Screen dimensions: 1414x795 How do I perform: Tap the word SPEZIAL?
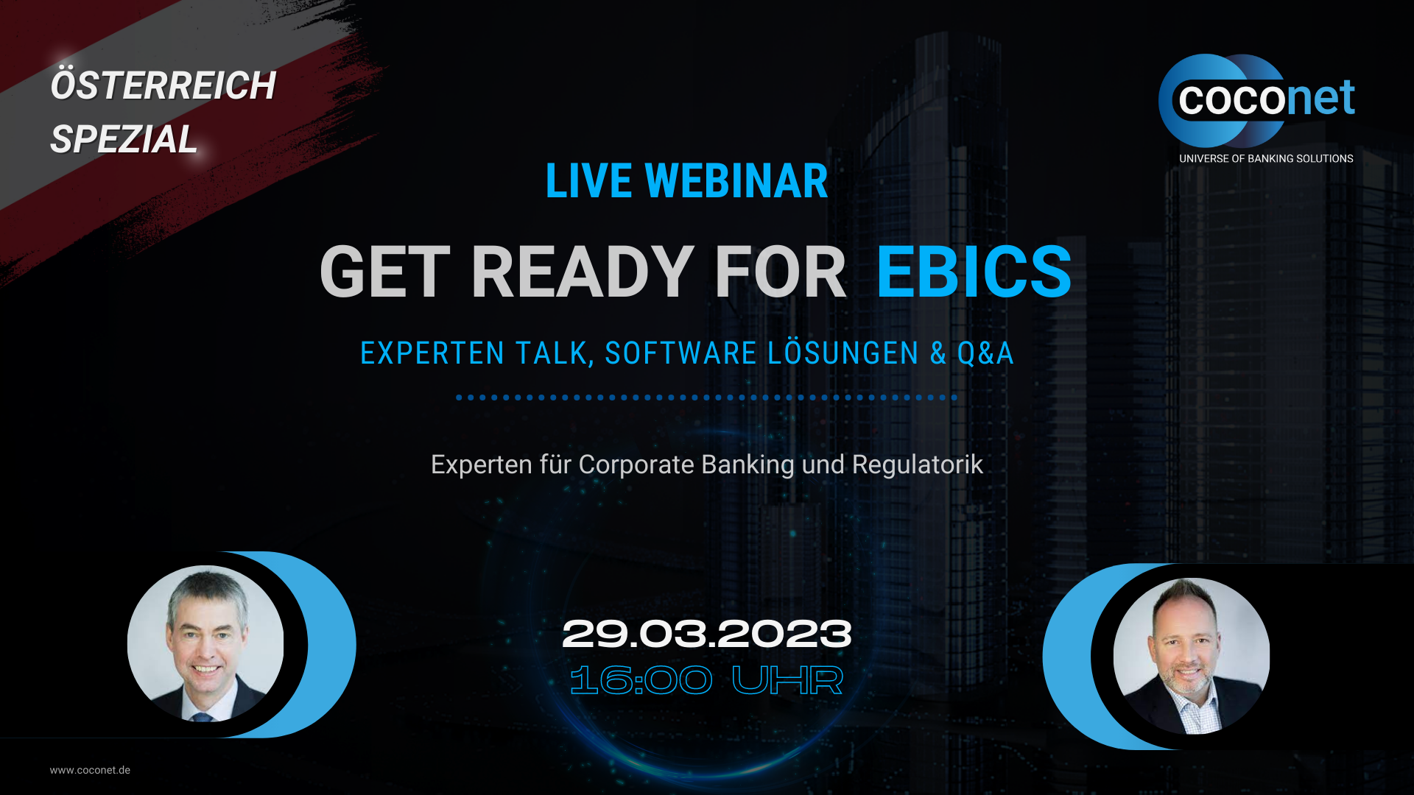pyautogui.click(x=124, y=139)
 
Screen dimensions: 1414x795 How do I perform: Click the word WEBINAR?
pyautogui.click(x=736, y=181)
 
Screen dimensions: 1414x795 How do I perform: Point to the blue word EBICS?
pyautogui.click(x=974, y=272)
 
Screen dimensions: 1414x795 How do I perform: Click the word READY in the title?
pyautogui.click(x=582, y=272)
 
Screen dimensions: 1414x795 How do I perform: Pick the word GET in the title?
pyautogui.click(x=384, y=272)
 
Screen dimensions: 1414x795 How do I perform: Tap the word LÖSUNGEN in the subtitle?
pyautogui.click(x=843, y=353)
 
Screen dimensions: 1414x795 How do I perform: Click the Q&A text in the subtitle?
pyautogui.click(x=985, y=353)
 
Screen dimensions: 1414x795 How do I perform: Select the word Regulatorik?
pyautogui.click(x=918, y=465)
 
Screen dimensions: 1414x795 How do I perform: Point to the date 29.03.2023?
pyautogui.click(x=707, y=634)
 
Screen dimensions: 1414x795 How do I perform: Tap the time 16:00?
pyautogui.click(x=641, y=680)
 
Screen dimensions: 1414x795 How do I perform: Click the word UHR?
pyautogui.click(x=787, y=680)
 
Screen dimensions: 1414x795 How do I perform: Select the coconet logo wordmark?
pyautogui.click(x=1266, y=99)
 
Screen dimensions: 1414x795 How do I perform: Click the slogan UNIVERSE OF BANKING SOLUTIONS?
pyautogui.click(x=1266, y=158)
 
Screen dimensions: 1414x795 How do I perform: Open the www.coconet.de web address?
pyautogui.click(x=90, y=770)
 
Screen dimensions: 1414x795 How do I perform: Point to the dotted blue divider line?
pyautogui.click(x=706, y=397)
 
